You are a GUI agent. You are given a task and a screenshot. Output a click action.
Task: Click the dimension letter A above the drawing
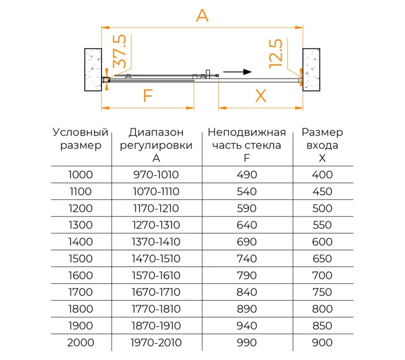(x=202, y=16)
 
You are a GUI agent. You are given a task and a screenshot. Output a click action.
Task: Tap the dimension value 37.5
(x=119, y=52)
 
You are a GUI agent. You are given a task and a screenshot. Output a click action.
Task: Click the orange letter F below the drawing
(x=147, y=96)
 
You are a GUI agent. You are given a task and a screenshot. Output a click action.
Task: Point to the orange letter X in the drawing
(x=260, y=96)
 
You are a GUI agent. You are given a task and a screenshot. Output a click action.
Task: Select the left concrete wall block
(x=93, y=68)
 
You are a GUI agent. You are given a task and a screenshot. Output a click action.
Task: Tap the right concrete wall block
(x=313, y=68)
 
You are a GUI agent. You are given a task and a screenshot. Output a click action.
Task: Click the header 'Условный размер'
(x=80, y=139)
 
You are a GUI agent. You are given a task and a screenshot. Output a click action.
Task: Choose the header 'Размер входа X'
(x=322, y=145)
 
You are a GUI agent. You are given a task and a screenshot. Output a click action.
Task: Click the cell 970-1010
(x=156, y=175)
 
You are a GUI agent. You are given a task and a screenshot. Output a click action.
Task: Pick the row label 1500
(x=80, y=259)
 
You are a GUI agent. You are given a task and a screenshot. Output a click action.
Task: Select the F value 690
(x=247, y=242)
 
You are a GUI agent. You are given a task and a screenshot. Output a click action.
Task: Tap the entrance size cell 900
(x=322, y=343)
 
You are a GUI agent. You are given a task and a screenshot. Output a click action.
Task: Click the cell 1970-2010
(x=156, y=343)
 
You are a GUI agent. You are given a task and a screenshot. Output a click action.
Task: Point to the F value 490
(x=247, y=175)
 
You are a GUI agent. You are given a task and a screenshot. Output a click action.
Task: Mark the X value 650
(x=322, y=259)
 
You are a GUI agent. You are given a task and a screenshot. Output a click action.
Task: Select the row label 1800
(x=80, y=309)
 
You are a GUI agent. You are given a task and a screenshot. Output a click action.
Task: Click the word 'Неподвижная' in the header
(x=247, y=133)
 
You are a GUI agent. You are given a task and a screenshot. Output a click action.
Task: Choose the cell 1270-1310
(x=156, y=225)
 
